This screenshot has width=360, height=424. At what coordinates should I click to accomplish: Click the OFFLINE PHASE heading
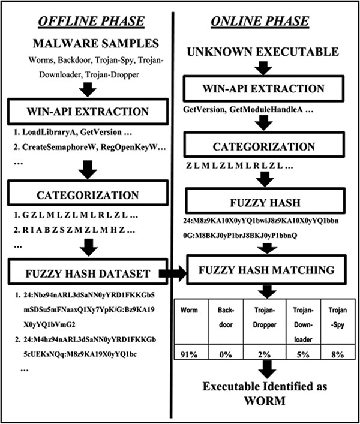91,22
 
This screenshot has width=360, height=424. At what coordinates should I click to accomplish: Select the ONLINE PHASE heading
260,22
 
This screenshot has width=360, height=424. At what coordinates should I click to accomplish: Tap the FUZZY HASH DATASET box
88,272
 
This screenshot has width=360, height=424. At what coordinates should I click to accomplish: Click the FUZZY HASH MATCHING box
266,270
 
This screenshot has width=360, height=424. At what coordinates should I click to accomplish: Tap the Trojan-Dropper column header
265,317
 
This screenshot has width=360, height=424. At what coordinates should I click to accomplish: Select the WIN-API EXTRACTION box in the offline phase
88,111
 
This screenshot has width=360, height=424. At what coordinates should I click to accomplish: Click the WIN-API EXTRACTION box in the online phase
264,88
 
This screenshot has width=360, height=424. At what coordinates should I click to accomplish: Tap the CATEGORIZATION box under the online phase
264,146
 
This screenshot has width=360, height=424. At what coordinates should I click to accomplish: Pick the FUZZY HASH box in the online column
265,202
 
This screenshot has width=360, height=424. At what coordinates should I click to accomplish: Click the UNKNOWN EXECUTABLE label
263,52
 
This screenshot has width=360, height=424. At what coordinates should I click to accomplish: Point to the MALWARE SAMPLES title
96,44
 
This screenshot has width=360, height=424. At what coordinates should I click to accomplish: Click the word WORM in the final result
265,401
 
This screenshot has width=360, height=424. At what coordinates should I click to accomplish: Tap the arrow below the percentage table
267,369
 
